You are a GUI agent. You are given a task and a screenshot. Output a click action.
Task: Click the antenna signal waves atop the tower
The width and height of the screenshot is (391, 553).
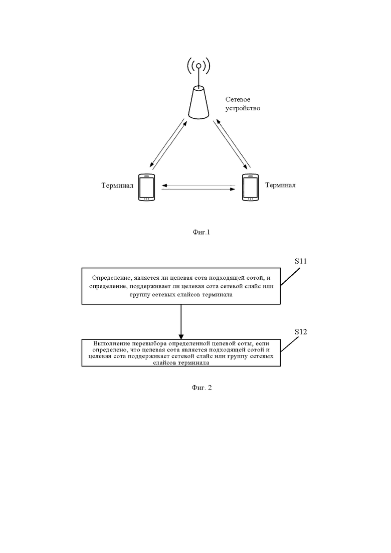[x=199, y=65]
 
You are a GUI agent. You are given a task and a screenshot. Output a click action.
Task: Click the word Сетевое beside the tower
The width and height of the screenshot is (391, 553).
[x=238, y=100]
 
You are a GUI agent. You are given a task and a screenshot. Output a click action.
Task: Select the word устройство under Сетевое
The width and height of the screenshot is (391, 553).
[x=243, y=108]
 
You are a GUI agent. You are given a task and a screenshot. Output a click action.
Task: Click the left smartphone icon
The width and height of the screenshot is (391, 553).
[x=147, y=188]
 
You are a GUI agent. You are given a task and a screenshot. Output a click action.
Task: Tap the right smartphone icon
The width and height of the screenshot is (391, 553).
[x=250, y=188]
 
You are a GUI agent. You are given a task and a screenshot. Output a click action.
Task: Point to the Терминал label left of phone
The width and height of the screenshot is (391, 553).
[x=117, y=186]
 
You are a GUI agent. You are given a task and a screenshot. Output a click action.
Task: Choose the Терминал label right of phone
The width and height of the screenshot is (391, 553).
[x=280, y=185]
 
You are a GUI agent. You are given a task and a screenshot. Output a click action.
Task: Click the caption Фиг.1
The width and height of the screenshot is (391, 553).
[x=201, y=232]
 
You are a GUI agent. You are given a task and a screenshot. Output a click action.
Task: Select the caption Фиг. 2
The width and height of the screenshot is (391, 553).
[x=202, y=388]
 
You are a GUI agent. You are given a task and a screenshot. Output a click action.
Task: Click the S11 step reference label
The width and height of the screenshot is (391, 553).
[x=300, y=261]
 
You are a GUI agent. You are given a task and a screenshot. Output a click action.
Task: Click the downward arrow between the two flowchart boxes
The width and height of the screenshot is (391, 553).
[x=181, y=321]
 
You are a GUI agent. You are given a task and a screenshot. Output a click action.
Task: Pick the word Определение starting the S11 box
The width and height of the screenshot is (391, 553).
[x=111, y=278]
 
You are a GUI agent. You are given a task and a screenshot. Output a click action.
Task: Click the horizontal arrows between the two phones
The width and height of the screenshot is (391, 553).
[x=199, y=188]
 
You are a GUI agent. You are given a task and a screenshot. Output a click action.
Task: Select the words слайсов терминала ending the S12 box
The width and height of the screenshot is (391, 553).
[x=181, y=364]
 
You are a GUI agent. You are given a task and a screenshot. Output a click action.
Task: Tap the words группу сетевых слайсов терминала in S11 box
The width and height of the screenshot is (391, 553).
[x=181, y=295]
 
